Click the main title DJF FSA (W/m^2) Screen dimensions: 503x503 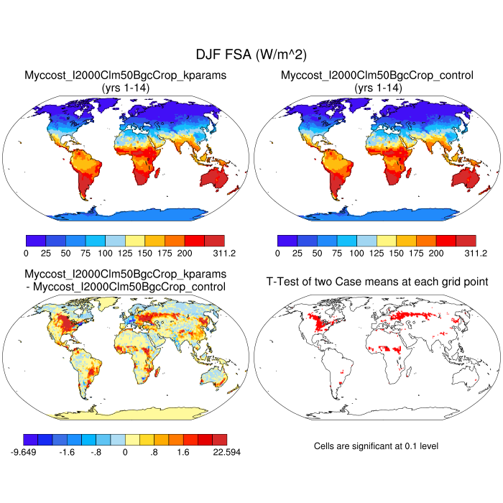click(x=251, y=55)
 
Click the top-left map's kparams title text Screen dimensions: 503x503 click(x=126, y=75)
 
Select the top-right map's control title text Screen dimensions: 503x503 click(x=377, y=75)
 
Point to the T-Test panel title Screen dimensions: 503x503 click(x=377, y=281)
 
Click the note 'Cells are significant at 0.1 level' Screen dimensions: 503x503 click(x=376, y=446)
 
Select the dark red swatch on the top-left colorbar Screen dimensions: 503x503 click(x=214, y=240)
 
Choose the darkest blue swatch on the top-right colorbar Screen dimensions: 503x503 click(x=287, y=240)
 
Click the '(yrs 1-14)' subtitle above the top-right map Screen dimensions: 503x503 click(x=377, y=87)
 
